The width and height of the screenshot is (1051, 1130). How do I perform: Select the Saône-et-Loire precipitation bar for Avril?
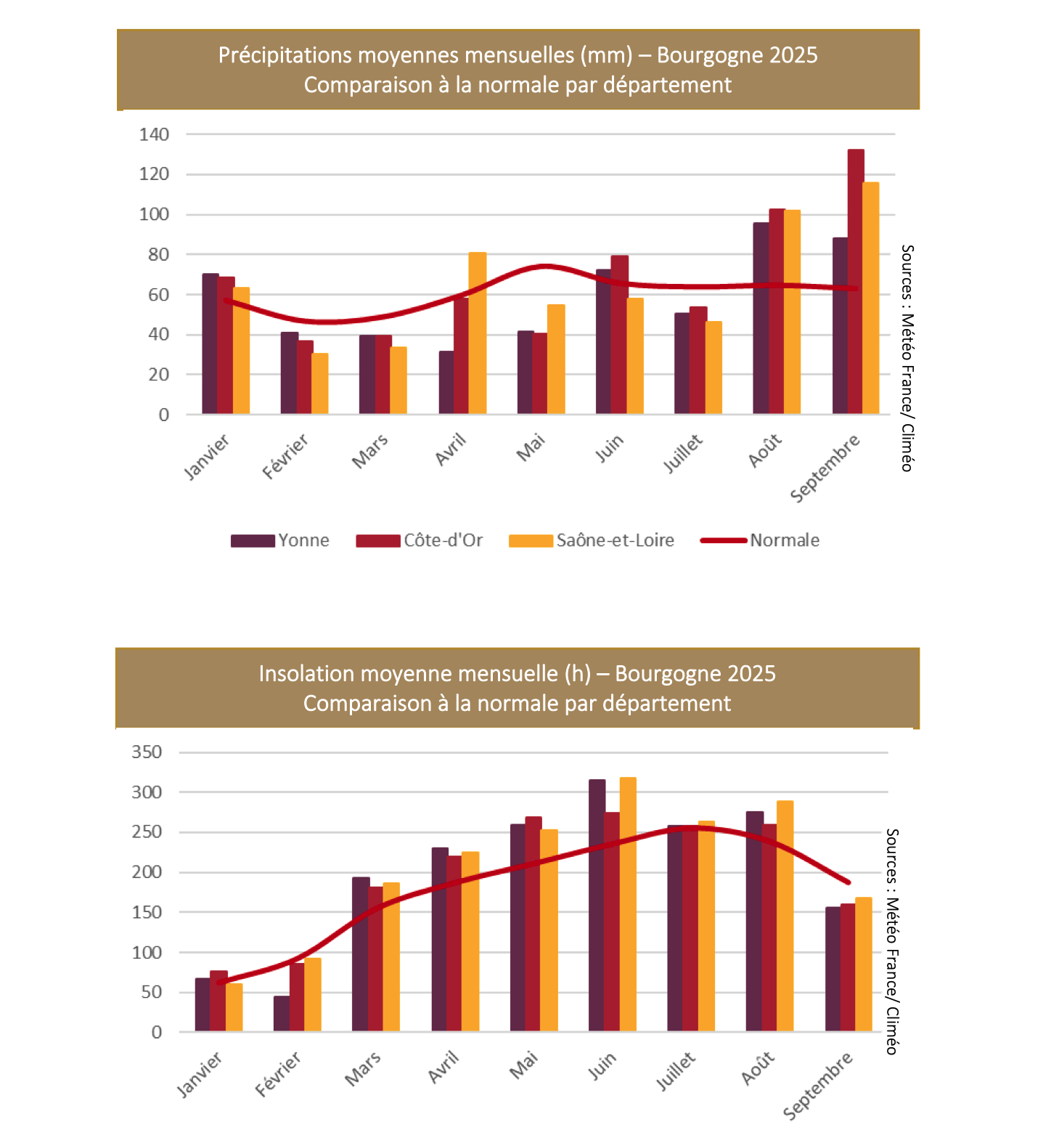click(x=478, y=333)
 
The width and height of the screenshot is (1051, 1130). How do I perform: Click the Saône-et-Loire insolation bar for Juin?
click(x=628, y=904)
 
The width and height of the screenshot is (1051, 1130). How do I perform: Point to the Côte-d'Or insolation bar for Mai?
click(x=533, y=924)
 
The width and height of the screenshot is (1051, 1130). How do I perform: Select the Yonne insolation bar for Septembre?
click(x=833, y=969)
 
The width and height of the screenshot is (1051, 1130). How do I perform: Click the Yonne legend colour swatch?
click(x=253, y=541)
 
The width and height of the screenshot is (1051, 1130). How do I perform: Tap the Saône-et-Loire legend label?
click(x=615, y=540)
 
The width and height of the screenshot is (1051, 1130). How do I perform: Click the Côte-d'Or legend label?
click(x=443, y=540)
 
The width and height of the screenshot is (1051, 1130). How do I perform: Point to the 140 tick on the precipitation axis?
click(x=154, y=134)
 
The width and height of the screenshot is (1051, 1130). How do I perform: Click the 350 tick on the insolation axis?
click(x=147, y=752)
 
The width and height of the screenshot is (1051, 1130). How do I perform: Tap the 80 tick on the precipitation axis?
click(x=158, y=255)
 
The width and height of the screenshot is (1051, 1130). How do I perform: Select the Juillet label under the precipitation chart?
click(x=683, y=454)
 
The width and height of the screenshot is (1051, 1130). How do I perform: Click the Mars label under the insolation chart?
click(x=363, y=1070)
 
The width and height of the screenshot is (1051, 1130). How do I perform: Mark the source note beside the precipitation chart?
click(x=907, y=358)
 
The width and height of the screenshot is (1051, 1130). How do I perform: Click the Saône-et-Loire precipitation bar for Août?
click(x=793, y=312)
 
